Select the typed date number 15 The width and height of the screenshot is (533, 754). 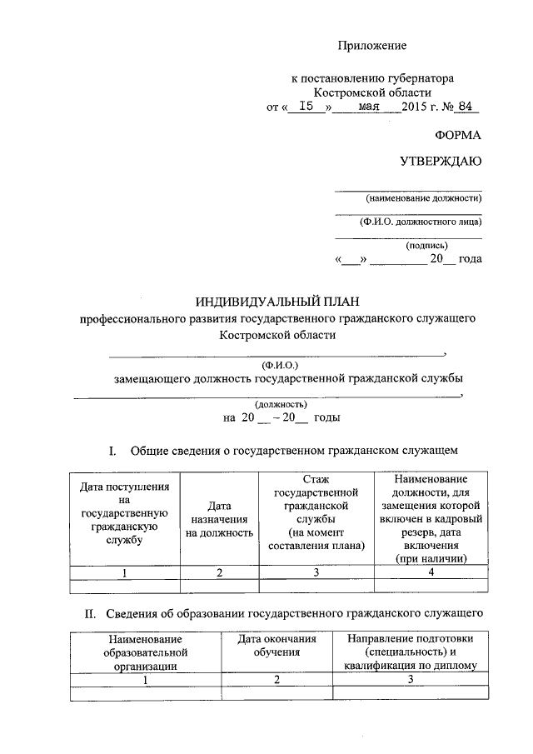click(x=307, y=107)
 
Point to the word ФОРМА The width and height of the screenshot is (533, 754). click(x=458, y=135)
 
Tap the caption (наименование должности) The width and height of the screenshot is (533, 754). click(x=423, y=198)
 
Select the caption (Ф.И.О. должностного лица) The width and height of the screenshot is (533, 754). click(x=421, y=222)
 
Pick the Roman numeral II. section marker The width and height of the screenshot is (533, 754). click(x=92, y=614)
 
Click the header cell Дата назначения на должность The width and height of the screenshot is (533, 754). click(x=219, y=517)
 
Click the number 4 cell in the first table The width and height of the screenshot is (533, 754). click(x=431, y=572)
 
